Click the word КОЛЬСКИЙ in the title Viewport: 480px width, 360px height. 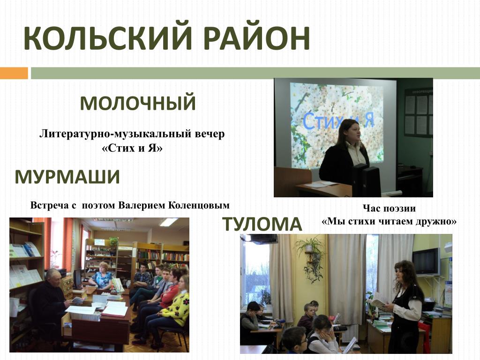pyautogui.click(x=108, y=38)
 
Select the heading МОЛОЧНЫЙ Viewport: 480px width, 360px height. pyautogui.click(x=138, y=103)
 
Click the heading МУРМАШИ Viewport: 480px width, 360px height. pyautogui.click(x=67, y=177)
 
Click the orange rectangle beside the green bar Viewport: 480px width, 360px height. pyautogui.click(x=14, y=73)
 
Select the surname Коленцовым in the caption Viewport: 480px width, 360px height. pyautogui.click(x=199, y=205)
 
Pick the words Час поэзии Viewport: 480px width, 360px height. pyautogui.click(x=389, y=209)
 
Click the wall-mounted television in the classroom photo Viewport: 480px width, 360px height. pyautogui.click(x=427, y=262)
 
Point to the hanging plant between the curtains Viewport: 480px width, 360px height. pyautogui.click(x=311, y=259)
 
